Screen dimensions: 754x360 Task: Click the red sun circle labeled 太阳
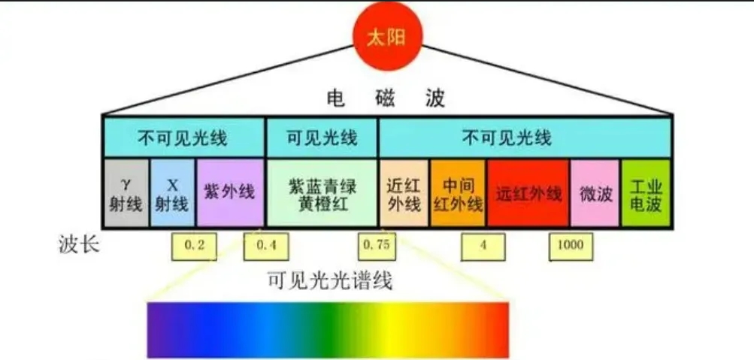pyautogui.click(x=387, y=37)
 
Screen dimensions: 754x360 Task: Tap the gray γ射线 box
pyautogui.click(x=126, y=192)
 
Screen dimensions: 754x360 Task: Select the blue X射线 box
pyautogui.click(x=173, y=192)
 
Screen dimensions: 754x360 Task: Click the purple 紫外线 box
pyautogui.click(x=230, y=192)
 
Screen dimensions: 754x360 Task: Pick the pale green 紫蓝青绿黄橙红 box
pyautogui.click(x=322, y=192)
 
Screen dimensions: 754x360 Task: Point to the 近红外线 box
pyautogui.click(x=404, y=192)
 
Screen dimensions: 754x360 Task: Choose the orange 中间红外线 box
pyautogui.click(x=458, y=192)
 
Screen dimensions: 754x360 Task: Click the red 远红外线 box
pyautogui.click(x=528, y=192)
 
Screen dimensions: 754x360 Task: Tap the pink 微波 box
pyautogui.click(x=595, y=192)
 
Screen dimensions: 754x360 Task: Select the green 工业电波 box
pyautogui.click(x=645, y=192)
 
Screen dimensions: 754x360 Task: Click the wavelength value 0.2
pyautogui.click(x=194, y=247)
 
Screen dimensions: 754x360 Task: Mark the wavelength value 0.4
pyautogui.click(x=266, y=247)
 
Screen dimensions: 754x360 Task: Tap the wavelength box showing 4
pyautogui.click(x=483, y=247)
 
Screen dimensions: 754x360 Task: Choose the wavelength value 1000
pyautogui.click(x=571, y=247)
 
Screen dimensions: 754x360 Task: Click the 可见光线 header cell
pyautogui.click(x=322, y=138)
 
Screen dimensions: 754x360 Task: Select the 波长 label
pyautogui.click(x=79, y=245)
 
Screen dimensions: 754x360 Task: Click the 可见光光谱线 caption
pyautogui.click(x=330, y=280)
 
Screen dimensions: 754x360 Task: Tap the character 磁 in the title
pyautogui.click(x=386, y=98)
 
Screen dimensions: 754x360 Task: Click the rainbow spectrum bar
pyautogui.click(x=328, y=330)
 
